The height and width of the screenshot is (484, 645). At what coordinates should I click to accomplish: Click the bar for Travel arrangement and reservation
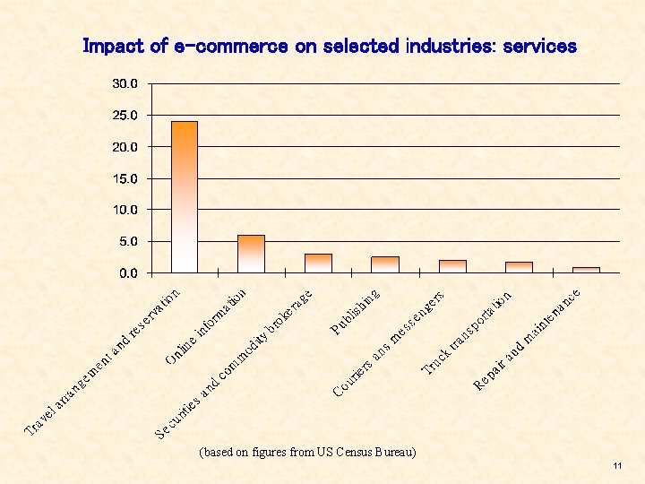tap(184, 196)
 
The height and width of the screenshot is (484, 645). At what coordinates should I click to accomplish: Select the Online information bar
tap(251, 254)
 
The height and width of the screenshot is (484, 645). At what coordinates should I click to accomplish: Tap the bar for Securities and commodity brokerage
tap(318, 263)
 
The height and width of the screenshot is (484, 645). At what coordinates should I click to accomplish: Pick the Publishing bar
tap(385, 264)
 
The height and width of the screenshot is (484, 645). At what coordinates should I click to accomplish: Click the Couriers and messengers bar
tap(452, 266)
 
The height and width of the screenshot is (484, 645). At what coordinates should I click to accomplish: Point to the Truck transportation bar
tap(519, 267)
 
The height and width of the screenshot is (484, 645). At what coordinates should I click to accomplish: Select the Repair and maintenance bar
tap(586, 270)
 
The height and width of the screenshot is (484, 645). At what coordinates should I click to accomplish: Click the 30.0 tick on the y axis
tap(125, 83)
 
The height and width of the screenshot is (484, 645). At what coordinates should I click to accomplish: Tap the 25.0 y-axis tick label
tap(125, 116)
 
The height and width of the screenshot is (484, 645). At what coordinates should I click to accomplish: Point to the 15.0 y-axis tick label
tap(125, 178)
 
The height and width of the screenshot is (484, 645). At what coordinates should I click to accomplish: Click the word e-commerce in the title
tap(230, 46)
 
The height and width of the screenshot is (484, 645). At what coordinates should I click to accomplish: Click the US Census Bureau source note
tap(307, 452)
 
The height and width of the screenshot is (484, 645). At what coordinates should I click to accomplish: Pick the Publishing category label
tap(357, 310)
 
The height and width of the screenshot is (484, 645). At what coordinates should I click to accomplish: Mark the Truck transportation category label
tap(467, 332)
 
